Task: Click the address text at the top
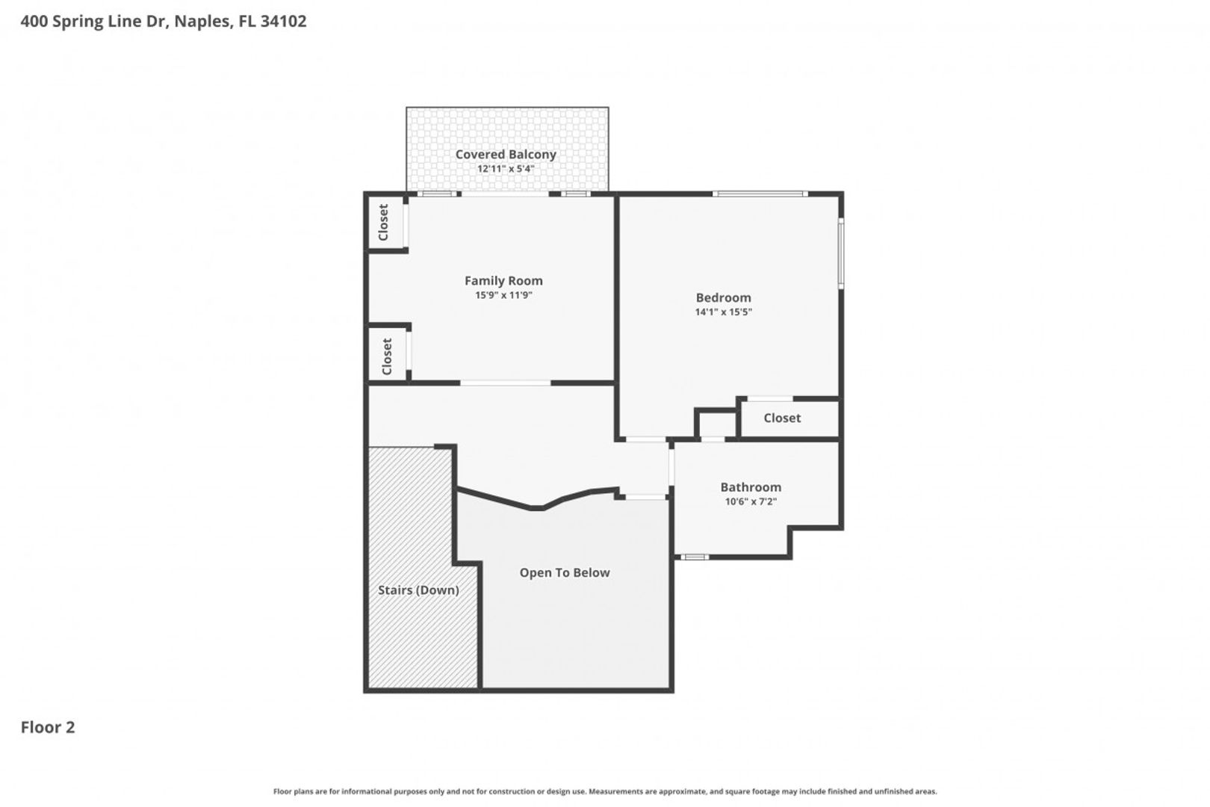click(163, 22)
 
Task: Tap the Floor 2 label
click(48, 727)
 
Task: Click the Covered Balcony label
click(506, 155)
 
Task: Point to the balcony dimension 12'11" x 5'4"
click(506, 169)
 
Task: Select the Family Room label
click(503, 281)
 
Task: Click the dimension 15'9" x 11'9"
click(503, 295)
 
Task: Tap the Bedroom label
click(723, 298)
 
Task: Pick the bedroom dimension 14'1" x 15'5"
click(723, 312)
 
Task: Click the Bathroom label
click(751, 487)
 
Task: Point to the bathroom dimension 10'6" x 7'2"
click(751, 501)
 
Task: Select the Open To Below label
click(565, 573)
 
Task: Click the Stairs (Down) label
click(418, 590)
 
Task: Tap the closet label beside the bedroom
click(782, 418)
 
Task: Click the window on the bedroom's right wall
click(840, 252)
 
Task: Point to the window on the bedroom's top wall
click(760, 194)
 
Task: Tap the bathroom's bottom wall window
click(695, 557)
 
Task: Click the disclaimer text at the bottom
click(605, 791)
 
